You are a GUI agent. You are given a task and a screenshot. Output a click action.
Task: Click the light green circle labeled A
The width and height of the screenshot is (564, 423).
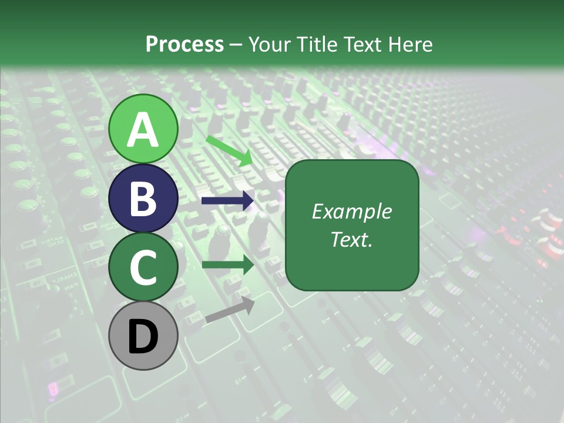(143, 129)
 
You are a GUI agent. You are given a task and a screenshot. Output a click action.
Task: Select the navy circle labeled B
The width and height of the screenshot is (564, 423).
(143, 198)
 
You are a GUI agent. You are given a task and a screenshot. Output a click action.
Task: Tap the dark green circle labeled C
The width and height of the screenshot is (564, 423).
(143, 267)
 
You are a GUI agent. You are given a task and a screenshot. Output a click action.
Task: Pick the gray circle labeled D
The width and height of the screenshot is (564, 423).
(143, 336)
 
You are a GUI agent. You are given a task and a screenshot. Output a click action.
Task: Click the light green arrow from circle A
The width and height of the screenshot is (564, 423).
(230, 150)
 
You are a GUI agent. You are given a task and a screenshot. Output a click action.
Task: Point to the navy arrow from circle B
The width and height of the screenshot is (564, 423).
(227, 201)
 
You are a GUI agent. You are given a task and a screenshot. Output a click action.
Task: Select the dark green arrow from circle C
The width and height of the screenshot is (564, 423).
(227, 265)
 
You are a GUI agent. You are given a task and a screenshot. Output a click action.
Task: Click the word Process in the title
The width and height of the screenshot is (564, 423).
(184, 44)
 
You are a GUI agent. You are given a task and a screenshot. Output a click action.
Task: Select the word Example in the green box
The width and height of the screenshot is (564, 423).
(351, 211)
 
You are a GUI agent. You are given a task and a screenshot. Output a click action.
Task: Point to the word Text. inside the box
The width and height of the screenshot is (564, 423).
(351, 240)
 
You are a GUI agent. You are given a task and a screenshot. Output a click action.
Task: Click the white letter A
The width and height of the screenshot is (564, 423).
(143, 130)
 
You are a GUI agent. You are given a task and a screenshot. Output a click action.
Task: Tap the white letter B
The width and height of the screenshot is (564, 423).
(143, 199)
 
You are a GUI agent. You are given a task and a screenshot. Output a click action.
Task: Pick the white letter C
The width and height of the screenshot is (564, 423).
(143, 268)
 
